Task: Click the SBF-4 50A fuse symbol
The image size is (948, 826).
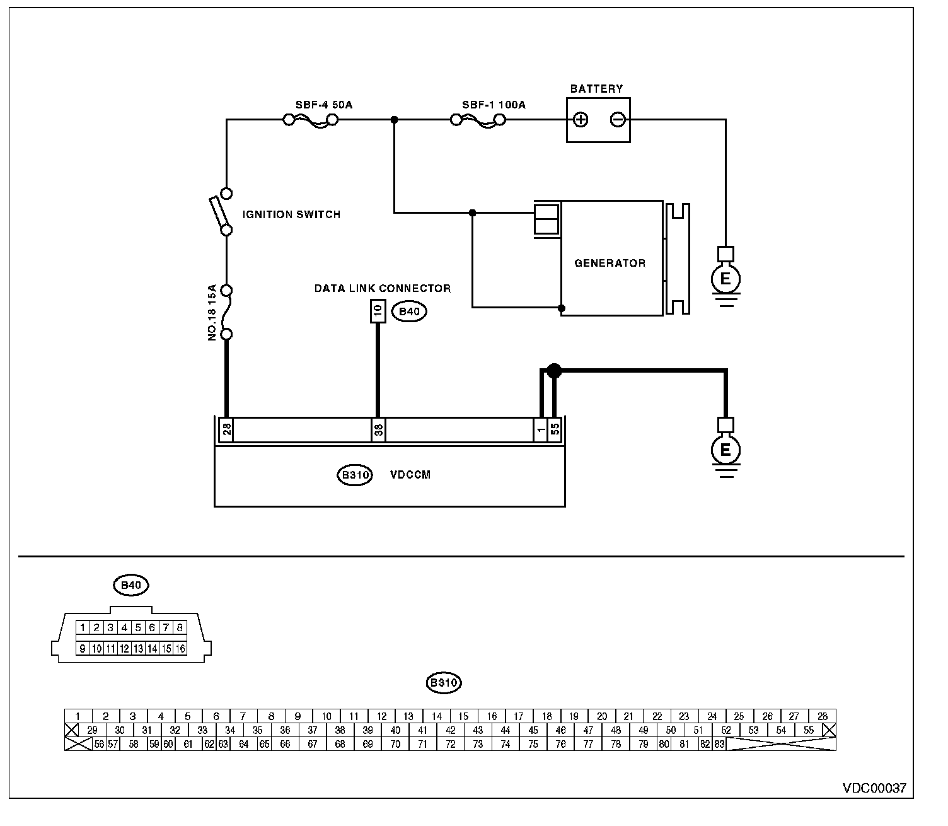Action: click(x=310, y=120)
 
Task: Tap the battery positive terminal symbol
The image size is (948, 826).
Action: click(x=581, y=120)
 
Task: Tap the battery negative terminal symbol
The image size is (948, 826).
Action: click(x=618, y=120)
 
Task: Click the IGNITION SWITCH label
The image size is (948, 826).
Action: click(x=291, y=214)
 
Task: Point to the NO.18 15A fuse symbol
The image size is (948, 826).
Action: click(x=226, y=313)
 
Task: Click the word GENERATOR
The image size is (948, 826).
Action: click(x=610, y=263)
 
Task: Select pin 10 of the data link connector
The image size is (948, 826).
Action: click(x=378, y=311)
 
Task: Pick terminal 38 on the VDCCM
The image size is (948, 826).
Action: click(x=378, y=430)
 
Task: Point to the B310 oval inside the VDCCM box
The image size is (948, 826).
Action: click(x=355, y=475)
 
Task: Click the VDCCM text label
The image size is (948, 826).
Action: click(x=410, y=475)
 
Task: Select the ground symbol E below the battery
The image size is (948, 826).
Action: click(x=725, y=278)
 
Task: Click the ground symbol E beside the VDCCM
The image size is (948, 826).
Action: click(x=725, y=450)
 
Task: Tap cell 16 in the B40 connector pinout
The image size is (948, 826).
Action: click(x=180, y=648)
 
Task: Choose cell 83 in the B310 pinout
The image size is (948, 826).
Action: click(x=720, y=744)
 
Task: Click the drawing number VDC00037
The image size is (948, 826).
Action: click(x=874, y=788)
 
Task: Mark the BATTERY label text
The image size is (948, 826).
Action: click(x=596, y=89)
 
